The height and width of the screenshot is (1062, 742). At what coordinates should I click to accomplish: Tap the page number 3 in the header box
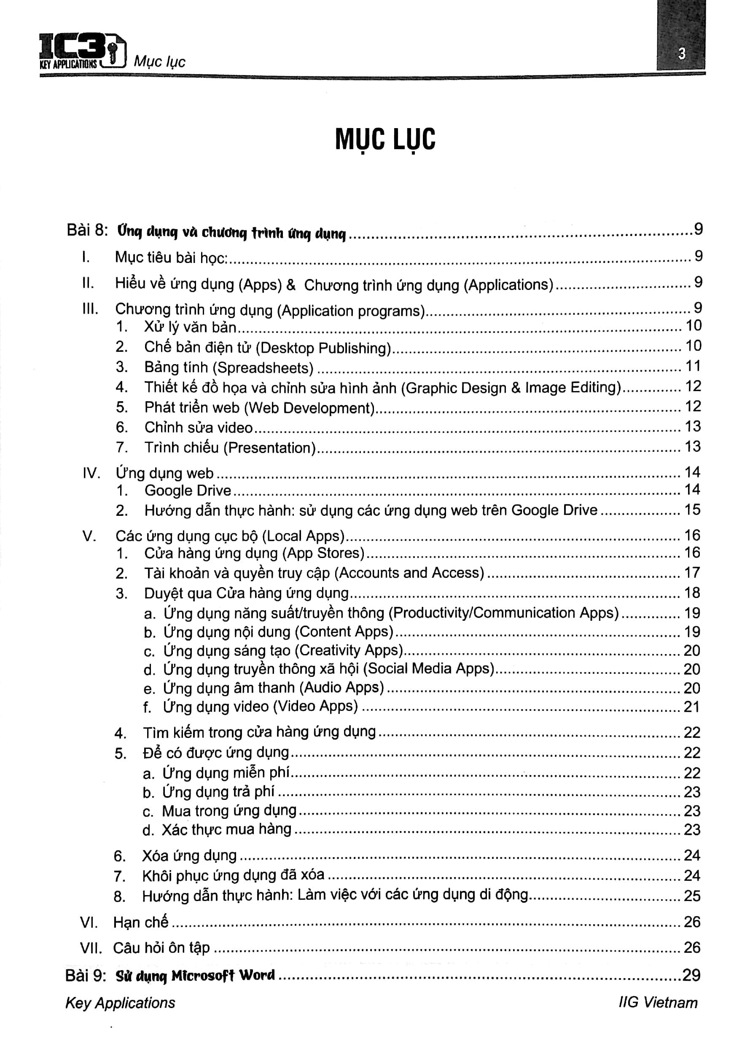(x=681, y=54)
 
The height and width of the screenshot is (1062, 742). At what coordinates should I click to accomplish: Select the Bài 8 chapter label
(x=87, y=230)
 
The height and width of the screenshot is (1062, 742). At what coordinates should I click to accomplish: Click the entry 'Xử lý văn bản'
(x=190, y=327)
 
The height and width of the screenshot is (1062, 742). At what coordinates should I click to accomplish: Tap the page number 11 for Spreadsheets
(x=693, y=366)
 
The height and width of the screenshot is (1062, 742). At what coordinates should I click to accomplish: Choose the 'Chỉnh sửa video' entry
(x=199, y=427)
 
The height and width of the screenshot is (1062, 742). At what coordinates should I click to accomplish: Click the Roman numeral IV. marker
(x=91, y=473)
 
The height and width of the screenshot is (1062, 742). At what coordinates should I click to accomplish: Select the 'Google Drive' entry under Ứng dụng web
(x=187, y=490)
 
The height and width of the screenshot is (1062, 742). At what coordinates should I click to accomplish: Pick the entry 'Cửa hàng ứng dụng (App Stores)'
(x=254, y=553)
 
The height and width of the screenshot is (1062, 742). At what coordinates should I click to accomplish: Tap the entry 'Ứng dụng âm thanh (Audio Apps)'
(x=273, y=688)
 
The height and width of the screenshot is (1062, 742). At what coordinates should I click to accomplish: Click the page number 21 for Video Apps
(x=691, y=707)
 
